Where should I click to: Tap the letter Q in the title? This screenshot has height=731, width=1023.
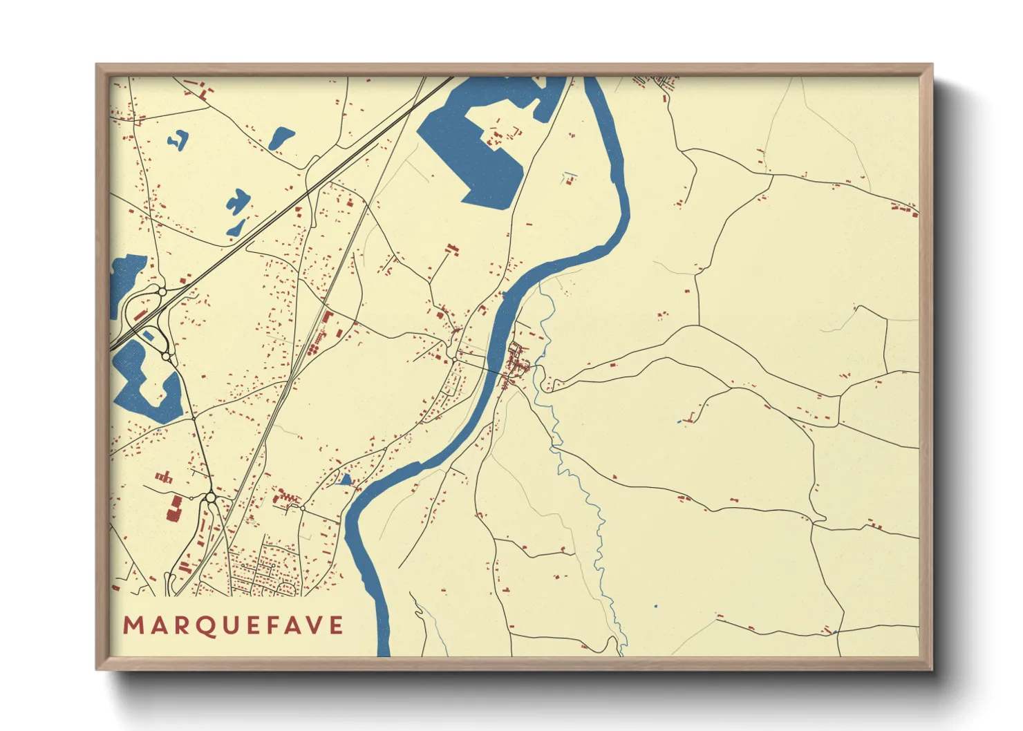point(205,625)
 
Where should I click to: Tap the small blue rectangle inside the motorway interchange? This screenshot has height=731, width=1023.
point(148,336)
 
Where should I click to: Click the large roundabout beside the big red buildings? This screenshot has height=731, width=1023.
point(209,497)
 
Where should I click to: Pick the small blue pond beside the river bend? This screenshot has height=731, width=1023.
point(345,480)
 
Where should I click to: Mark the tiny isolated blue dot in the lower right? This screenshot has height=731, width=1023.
point(655,607)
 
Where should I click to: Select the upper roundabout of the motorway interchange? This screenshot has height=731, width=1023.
point(162,292)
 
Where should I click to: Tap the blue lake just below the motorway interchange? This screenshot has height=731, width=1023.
point(142,387)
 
